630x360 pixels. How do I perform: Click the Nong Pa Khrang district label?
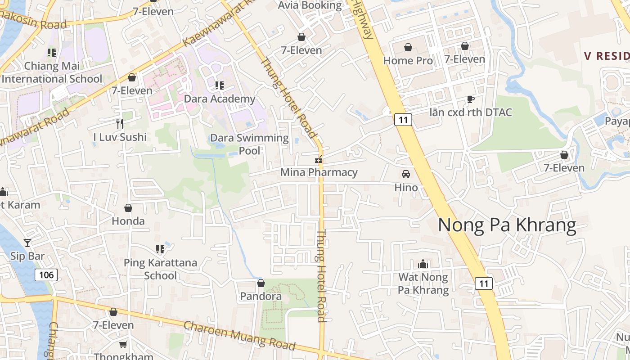pos(507,225)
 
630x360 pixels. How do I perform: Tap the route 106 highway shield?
pos(46,274)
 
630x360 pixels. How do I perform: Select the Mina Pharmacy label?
pos(319,172)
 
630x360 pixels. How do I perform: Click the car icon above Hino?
pos(406,174)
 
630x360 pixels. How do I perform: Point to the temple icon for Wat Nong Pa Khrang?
pos(423,264)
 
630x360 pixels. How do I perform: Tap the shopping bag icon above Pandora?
pos(261,283)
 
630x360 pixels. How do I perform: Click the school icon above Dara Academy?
pos(219,85)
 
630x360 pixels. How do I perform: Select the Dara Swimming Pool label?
pos(249,144)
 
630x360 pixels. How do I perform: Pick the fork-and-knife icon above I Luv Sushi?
pos(119,123)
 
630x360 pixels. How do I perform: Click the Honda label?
pos(128,221)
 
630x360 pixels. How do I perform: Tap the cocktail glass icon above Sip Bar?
pos(27,243)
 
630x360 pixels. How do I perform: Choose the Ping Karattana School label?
pos(160,269)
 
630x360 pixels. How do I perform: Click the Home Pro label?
pos(408,60)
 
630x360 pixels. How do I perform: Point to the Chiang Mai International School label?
pos(52,72)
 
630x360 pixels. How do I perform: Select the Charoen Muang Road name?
pos(239,335)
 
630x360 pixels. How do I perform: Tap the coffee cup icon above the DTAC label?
pos(470,99)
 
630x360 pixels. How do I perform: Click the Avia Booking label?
pos(310,5)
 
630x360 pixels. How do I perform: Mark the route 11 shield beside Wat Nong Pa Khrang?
pos(483,283)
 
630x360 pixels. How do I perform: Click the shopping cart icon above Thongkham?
pos(123,344)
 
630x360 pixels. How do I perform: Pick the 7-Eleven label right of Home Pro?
pos(464,59)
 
